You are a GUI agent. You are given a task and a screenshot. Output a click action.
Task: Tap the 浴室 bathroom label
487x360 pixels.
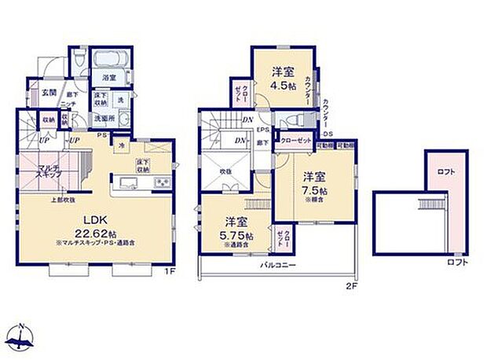pyautogui.click(x=109, y=78)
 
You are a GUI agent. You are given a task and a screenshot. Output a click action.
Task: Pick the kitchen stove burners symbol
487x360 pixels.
pyautogui.click(x=162, y=183)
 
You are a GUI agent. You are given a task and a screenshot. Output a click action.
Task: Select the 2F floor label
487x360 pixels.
pyautogui.click(x=352, y=288)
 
